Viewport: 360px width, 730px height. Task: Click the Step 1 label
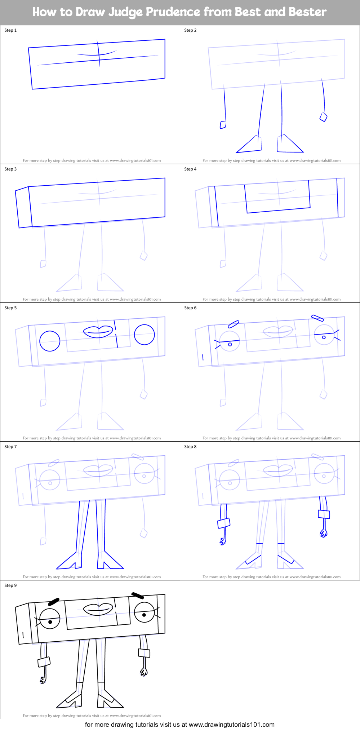click(10, 30)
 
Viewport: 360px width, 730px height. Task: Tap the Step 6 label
click(190, 308)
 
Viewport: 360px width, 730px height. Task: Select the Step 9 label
click(10, 585)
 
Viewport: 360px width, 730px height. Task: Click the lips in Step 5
click(98, 331)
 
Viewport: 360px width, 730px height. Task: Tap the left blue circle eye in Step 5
click(50, 341)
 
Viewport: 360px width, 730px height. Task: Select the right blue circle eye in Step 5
click(145, 335)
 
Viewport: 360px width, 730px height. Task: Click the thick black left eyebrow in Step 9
click(54, 602)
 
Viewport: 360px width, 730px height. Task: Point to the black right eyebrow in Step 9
click(138, 595)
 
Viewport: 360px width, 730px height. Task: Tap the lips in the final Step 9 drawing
click(98, 609)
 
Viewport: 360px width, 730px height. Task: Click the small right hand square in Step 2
click(324, 117)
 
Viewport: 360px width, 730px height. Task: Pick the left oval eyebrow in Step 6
click(234, 324)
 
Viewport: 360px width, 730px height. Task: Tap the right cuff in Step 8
click(324, 514)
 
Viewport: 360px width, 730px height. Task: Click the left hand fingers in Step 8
click(223, 541)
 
